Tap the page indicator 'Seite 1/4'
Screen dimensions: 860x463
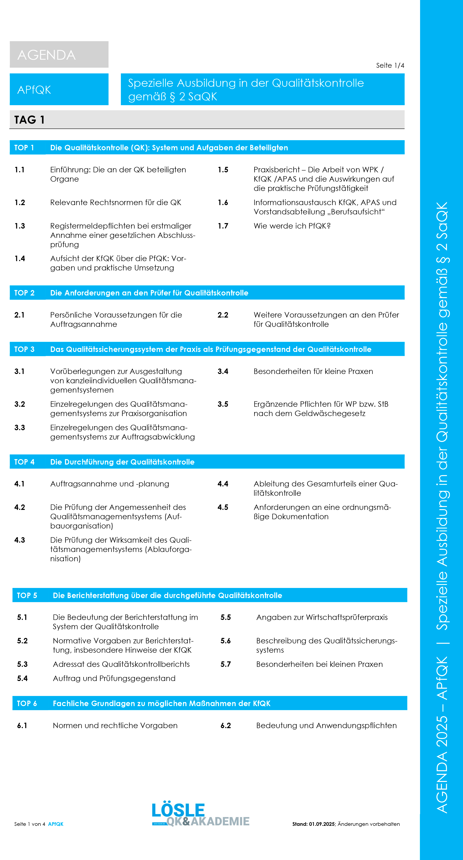tap(390, 66)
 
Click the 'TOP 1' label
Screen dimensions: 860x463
tap(24, 148)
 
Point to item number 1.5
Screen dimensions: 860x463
tap(223, 170)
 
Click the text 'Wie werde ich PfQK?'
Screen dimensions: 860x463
tap(292, 226)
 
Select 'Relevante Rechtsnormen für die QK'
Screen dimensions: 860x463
tap(116, 203)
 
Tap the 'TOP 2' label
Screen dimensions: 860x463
tap(24, 293)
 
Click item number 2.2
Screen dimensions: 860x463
tap(223, 315)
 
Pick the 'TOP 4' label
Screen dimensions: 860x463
tap(24, 462)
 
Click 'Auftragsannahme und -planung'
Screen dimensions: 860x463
tap(110, 484)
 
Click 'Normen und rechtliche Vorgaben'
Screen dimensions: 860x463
tap(115, 725)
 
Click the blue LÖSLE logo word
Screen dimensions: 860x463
tap(178, 810)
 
